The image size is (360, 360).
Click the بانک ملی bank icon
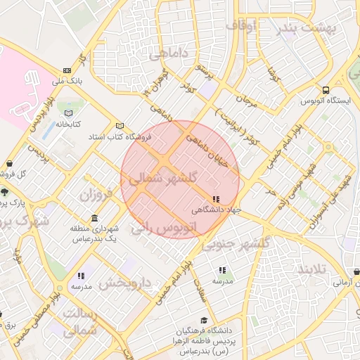point(67,70)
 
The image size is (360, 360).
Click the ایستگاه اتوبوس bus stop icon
point(326,90)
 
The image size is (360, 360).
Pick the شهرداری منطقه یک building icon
point(94,219)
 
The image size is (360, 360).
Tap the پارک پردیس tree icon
point(5,192)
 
